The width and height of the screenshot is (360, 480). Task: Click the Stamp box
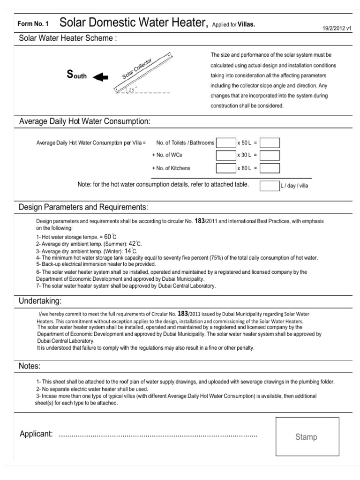pos(306,436)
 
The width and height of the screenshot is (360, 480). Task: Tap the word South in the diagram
pos(77,75)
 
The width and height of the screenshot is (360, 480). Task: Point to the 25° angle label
pos(132,89)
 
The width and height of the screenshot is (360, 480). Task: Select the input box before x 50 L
pos(226,142)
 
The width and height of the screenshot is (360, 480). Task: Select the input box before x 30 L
pos(226,155)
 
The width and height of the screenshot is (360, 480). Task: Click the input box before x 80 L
pos(226,168)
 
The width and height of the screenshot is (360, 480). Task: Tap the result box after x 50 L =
pos(270,142)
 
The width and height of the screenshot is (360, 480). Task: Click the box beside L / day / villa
pos(270,186)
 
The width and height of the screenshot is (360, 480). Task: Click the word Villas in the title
pos(246,24)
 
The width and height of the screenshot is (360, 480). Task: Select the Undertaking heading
pos(40,300)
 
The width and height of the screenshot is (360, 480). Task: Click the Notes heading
pos(30,366)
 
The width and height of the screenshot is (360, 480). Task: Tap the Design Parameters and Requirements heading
pos(83,207)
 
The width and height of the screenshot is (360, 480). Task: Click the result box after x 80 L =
pos(270,168)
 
